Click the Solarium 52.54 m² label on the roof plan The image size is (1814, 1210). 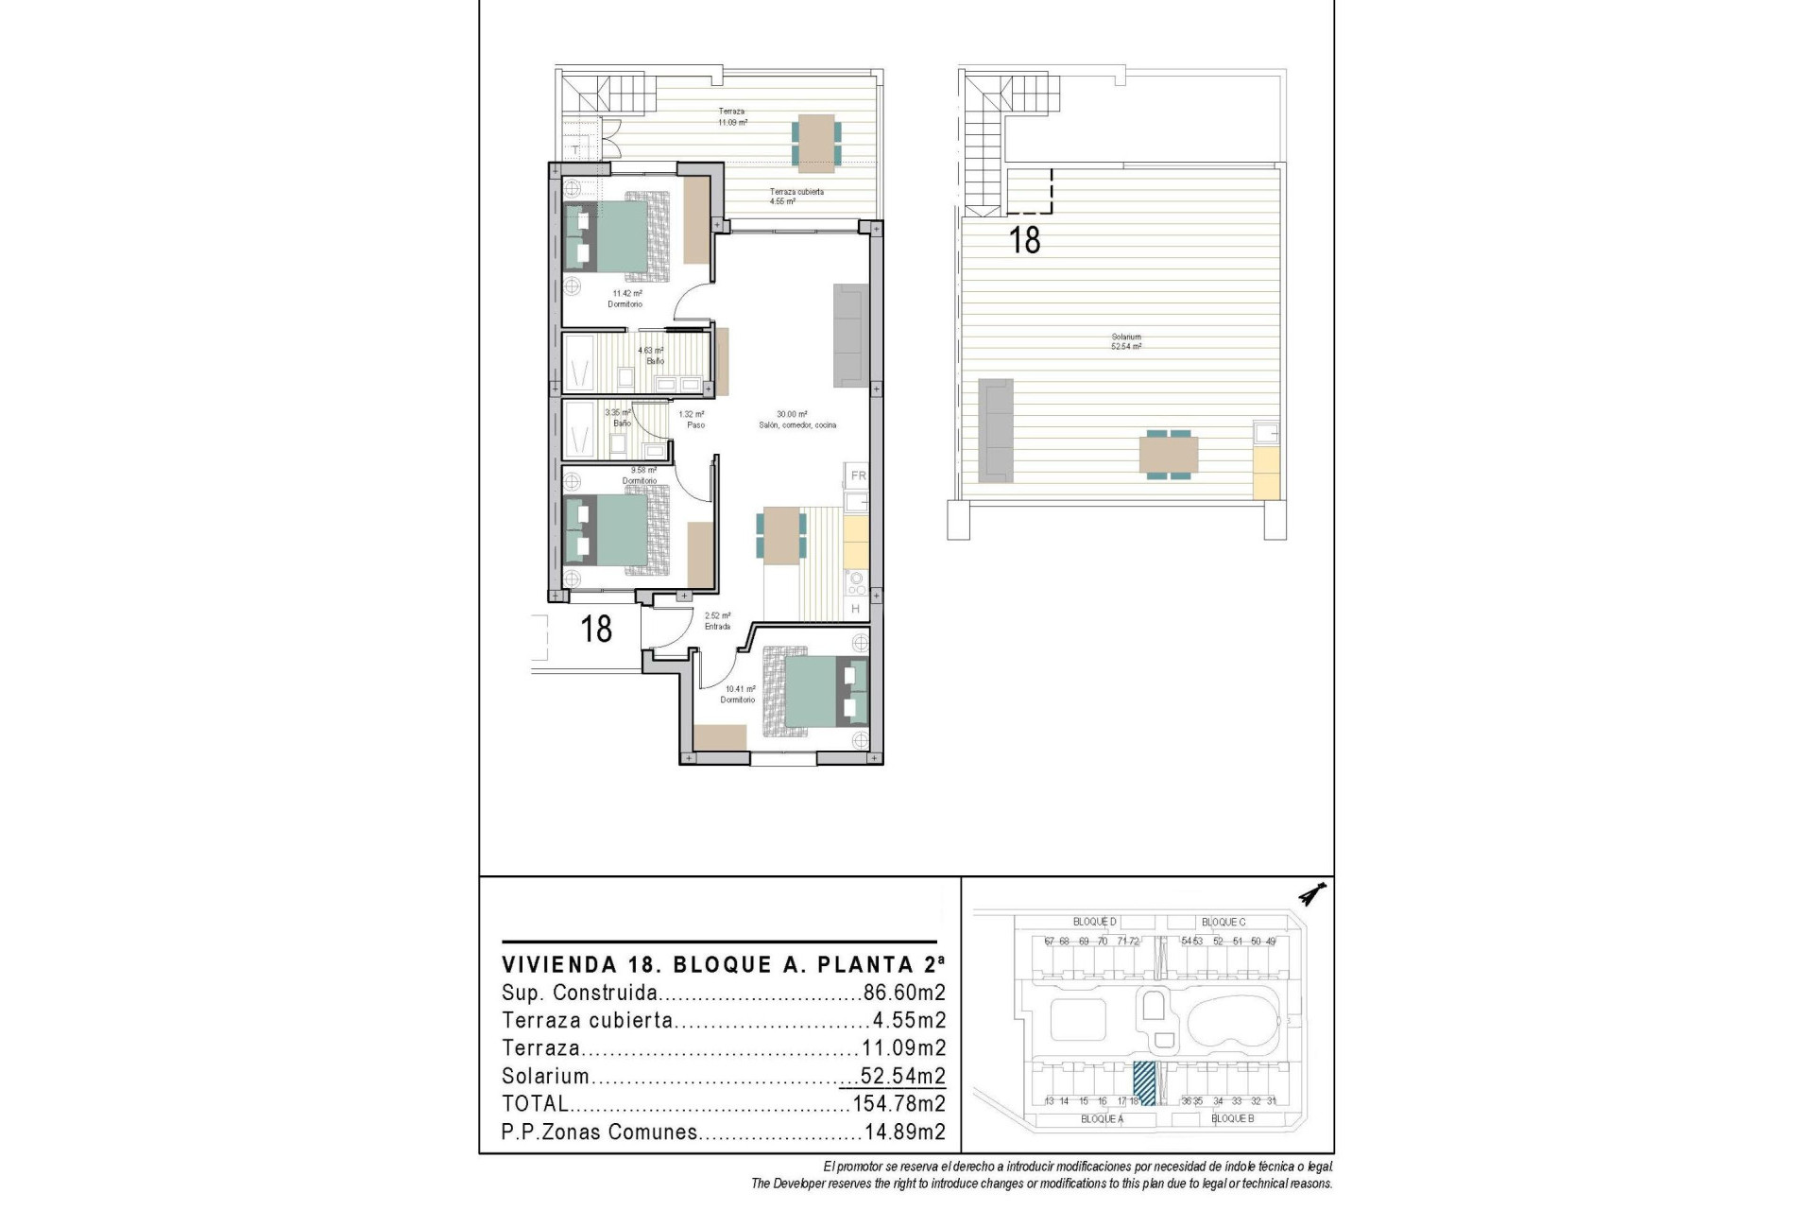pyautogui.click(x=1126, y=342)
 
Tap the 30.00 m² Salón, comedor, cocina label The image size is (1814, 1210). pyautogui.click(x=796, y=420)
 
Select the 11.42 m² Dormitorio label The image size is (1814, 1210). pyautogui.click(x=625, y=299)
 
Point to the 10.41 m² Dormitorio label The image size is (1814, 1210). pyautogui.click(x=739, y=695)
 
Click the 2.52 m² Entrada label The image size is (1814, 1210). pyautogui.click(x=717, y=621)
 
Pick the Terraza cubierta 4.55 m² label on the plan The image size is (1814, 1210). pyautogui.click(x=796, y=197)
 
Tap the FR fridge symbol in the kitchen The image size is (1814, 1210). pyautogui.click(x=858, y=475)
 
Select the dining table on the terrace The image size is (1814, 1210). pyautogui.click(x=814, y=144)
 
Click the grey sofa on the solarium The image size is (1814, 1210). pyautogui.click(x=995, y=427)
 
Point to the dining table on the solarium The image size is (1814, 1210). pyautogui.click(x=1169, y=456)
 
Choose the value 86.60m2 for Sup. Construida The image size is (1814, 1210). pyautogui.click(x=904, y=994)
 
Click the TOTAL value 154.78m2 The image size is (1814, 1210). pyautogui.click(x=898, y=1104)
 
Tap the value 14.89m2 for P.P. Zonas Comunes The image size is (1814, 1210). pyautogui.click(x=904, y=1132)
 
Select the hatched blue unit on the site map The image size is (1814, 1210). pyautogui.click(x=1144, y=1083)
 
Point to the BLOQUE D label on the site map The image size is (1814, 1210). pyautogui.click(x=1094, y=922)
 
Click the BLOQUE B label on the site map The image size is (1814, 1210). pyautogui.click(x=1232, y=1119)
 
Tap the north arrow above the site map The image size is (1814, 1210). pyautogui.click(x=1312, y=893)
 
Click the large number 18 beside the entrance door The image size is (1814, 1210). pyautogui.click(x=596, y=629)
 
